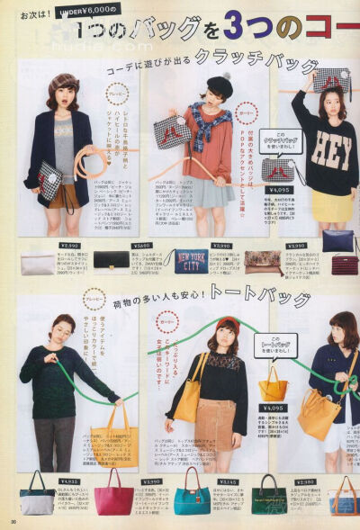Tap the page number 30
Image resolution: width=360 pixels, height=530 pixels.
(13, 521)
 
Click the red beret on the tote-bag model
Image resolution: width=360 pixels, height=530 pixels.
(229, 324)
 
